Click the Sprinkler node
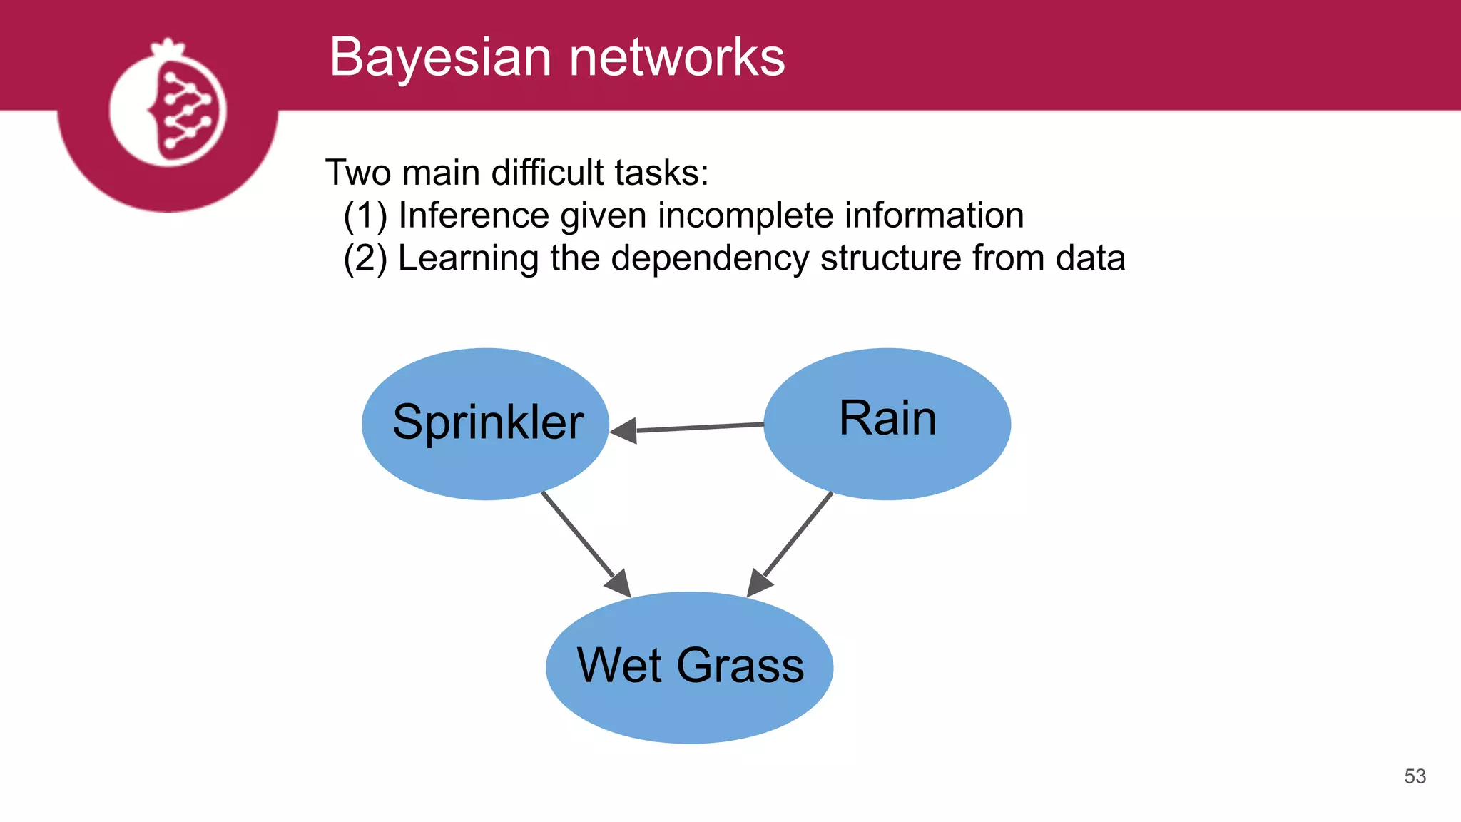pos(486,424)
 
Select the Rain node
pos(887,424)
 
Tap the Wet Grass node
pos(689,667)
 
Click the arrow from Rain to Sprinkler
pos(699,427)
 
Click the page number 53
pos(1415,776)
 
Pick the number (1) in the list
pos(365,215)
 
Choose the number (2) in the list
pos(365,258)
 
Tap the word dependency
pos(710,258)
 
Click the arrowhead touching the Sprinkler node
pos(624,430)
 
